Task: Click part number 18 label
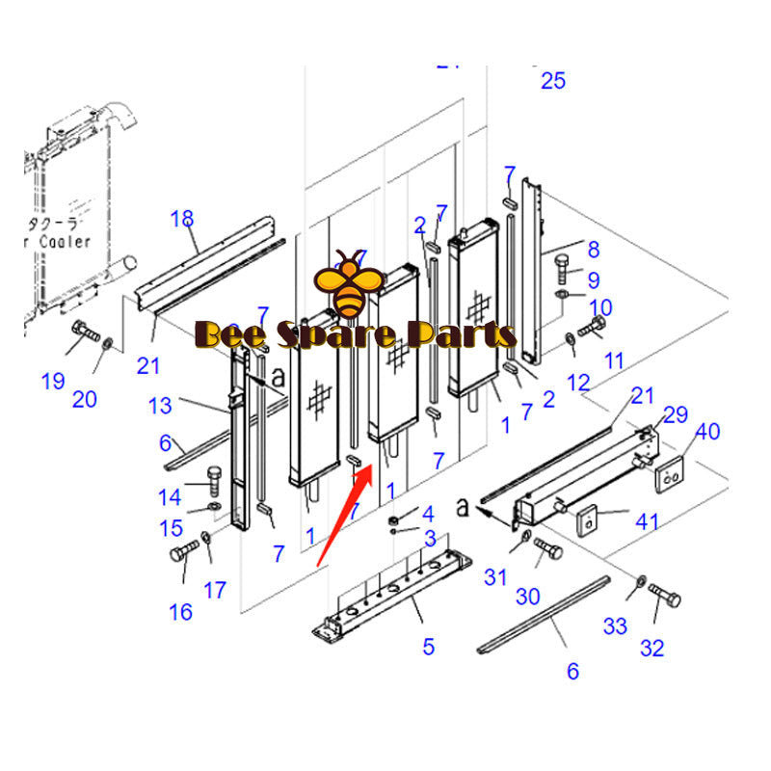[x=182, y=219]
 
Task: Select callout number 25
[x=553, y=81]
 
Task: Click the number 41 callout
[x=646, y=522]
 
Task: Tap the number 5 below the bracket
[x=428, y=647]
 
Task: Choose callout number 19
[x=53, y=382]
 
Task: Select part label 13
[x=160, y=406]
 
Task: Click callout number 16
[x=180, y=611]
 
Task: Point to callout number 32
[x=652, y=648]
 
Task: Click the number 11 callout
[x=614, y=361]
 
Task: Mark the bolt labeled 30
[x=547, y=551]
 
